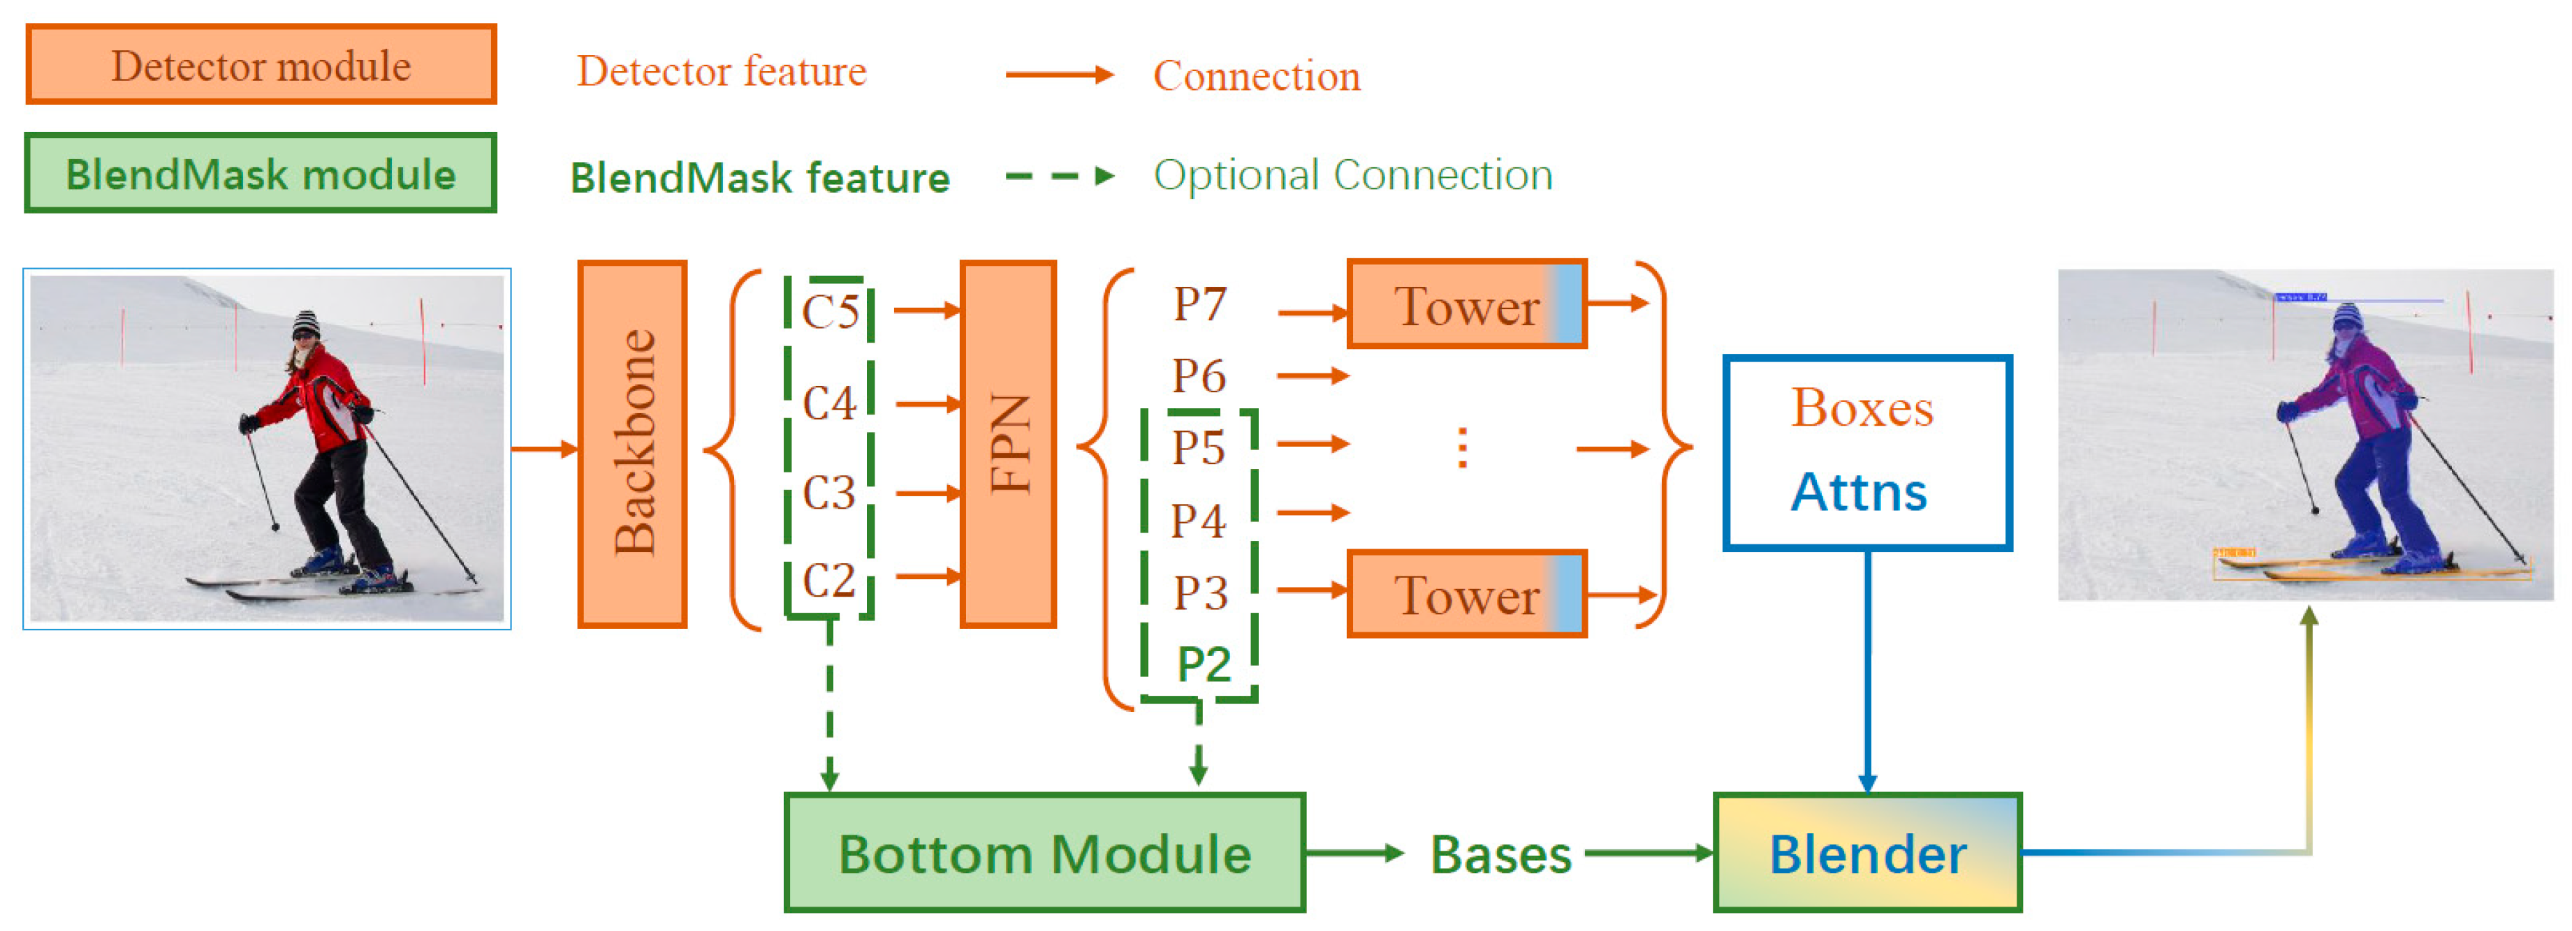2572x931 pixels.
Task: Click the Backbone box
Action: click(x=632, y=444)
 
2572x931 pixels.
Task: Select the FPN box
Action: click(x=1007, y=444)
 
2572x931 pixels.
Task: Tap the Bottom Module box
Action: click(x=1044, y=853)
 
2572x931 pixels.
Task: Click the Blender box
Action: click(x=1867, y=853)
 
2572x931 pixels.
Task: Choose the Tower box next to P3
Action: click(x=1466, y=595)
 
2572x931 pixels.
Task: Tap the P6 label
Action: click(x=1198, y=376)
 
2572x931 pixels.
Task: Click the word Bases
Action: click(x=1500, y=855)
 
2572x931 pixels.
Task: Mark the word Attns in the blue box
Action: click(x=1858, y=492)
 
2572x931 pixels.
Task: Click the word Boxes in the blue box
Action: click(x=1862, y=408)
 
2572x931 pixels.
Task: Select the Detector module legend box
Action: click(x=261, y=66)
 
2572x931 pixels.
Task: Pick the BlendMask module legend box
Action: click(x=261, y=174)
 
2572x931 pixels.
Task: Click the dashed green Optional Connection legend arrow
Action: click(x=1058, y=177)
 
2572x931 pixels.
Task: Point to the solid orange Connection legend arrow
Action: click(x=1058, y=75)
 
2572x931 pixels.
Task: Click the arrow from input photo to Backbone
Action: click(x=544, y=449)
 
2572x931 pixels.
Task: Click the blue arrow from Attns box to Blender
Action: click(x=1867, y=669)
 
